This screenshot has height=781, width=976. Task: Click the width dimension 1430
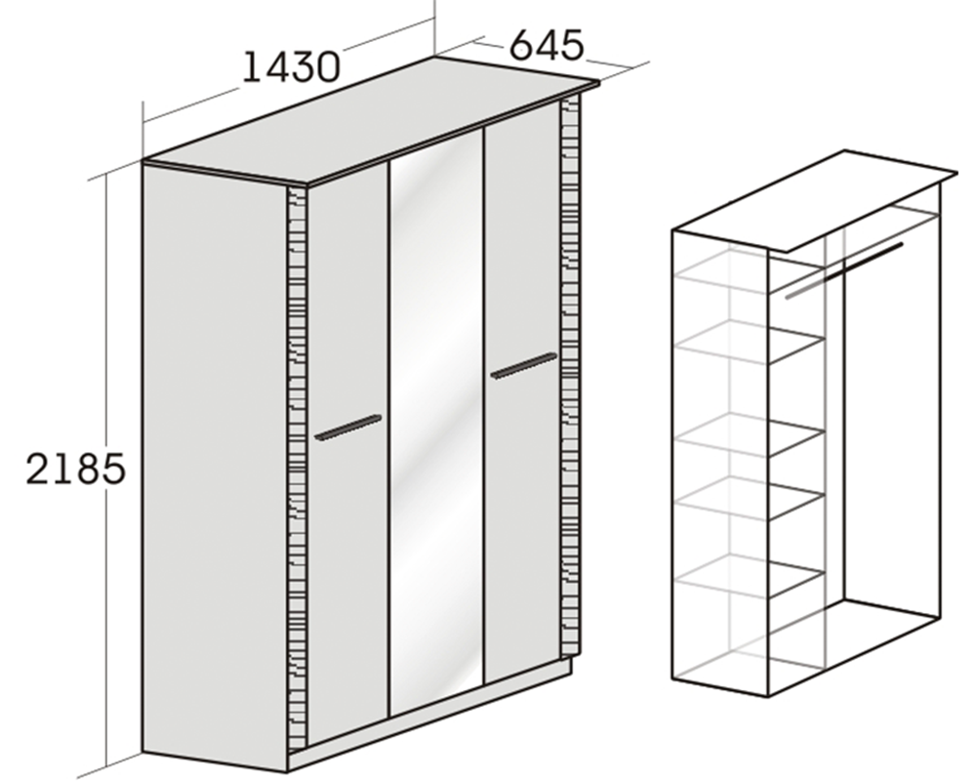click(291, 66)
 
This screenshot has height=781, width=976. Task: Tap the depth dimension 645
click(547, 45)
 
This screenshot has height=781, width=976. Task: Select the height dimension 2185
click(75, 469)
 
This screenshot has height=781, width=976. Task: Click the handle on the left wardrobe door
click(348, 428)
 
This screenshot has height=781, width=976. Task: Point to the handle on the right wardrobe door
click(524, 365)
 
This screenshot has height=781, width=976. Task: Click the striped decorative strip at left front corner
click(298, 467)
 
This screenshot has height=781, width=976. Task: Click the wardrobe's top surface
click(371, 121)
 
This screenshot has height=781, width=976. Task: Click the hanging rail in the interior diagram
click(843, 271)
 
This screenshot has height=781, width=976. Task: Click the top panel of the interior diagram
click(815, 201)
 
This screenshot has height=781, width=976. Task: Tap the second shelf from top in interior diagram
click(750, 342)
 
